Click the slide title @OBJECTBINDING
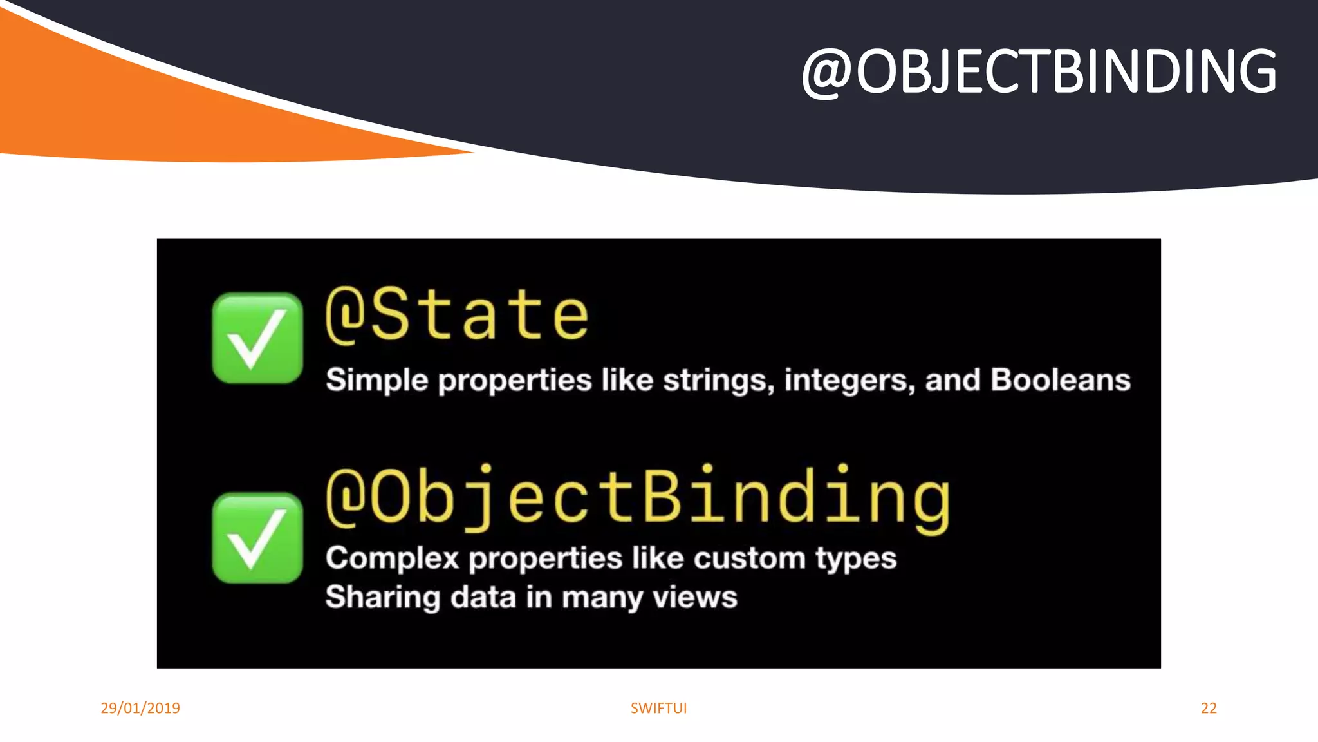click(1039, 72)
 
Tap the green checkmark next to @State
click(257, 338)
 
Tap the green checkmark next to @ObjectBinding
click(257, 538)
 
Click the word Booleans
click(1060, 380)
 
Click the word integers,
click(849, 380)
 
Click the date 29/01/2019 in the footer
click(140, 708)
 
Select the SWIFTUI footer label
click(658, 708)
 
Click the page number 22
click(1209, 708)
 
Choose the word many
click(602, 598)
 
